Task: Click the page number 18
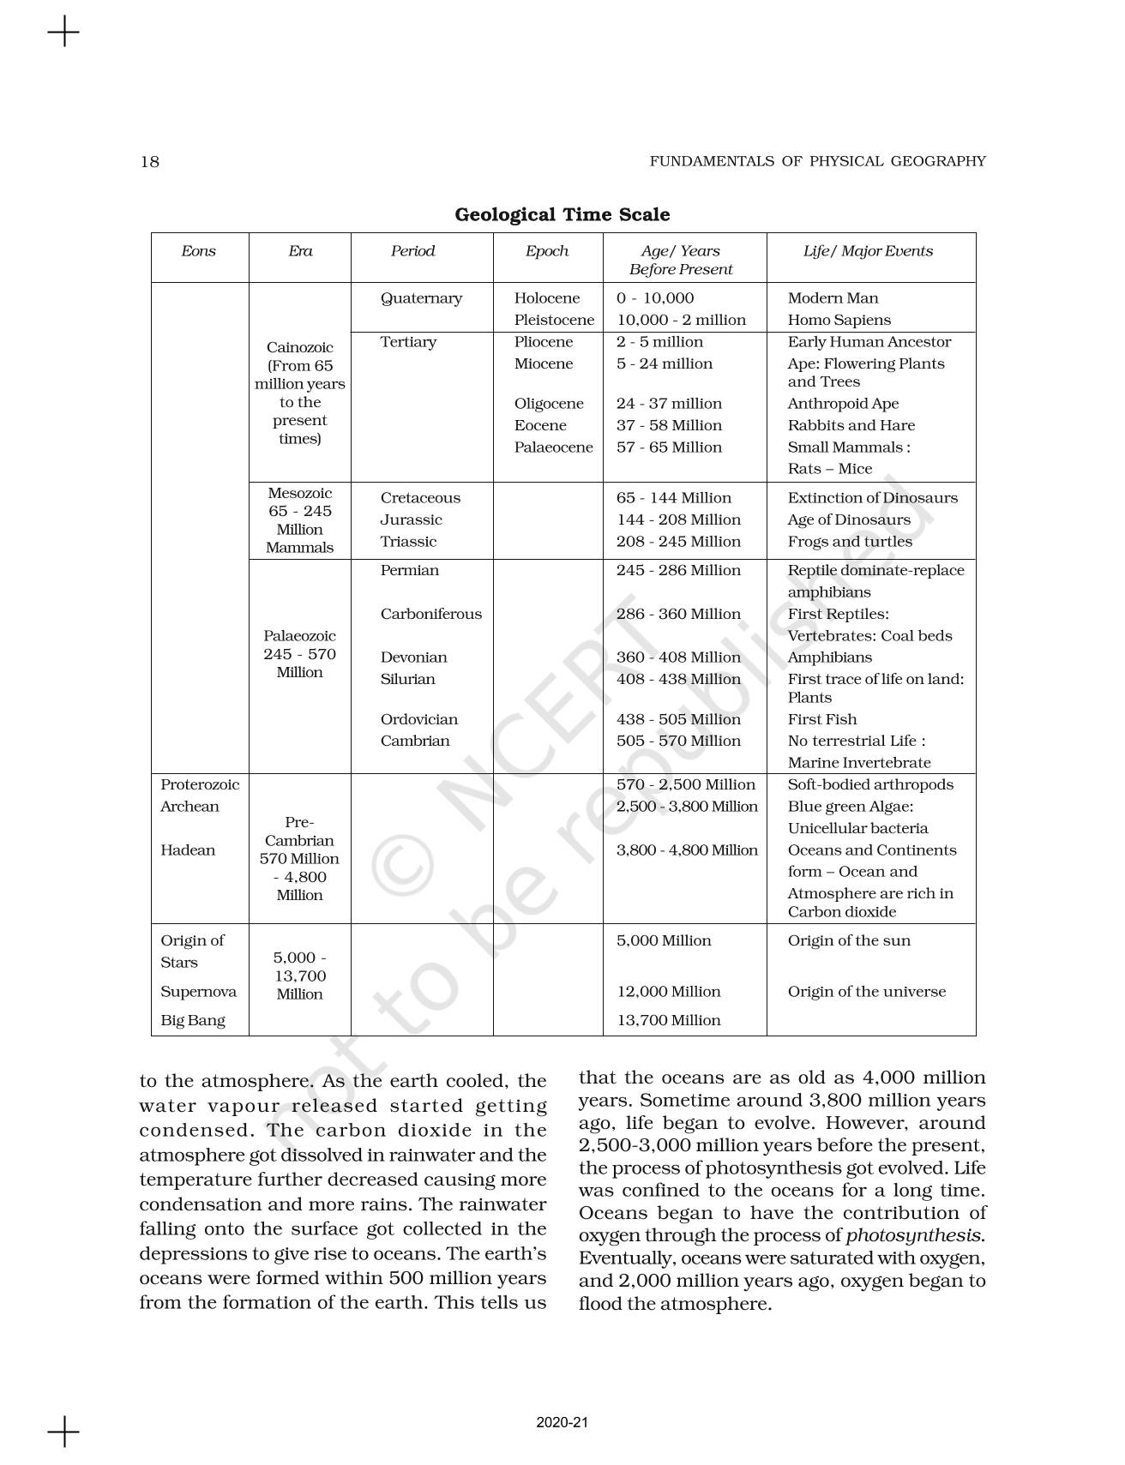click(149, 161)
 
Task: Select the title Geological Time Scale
click(562, 214)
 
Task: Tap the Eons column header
click(198, 251)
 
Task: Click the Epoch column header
click(546, 251)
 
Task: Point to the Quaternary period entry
click(421, 298)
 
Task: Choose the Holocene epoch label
click(546, 298)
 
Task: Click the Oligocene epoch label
click(548, 404)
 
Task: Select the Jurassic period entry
click(411, 519)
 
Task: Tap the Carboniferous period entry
click(430, 614)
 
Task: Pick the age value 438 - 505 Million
click(677, 719)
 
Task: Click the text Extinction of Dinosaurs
click(872, 498)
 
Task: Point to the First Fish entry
click(821, 719)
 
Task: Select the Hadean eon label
click(187, 850)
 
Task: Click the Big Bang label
click(192, 1020)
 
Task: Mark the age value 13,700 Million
click(668, 1020)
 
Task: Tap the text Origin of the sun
click(849, 940)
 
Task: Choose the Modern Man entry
click(833, 298)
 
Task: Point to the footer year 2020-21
click(562, 1423)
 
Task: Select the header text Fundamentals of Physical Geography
click(817, 161)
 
